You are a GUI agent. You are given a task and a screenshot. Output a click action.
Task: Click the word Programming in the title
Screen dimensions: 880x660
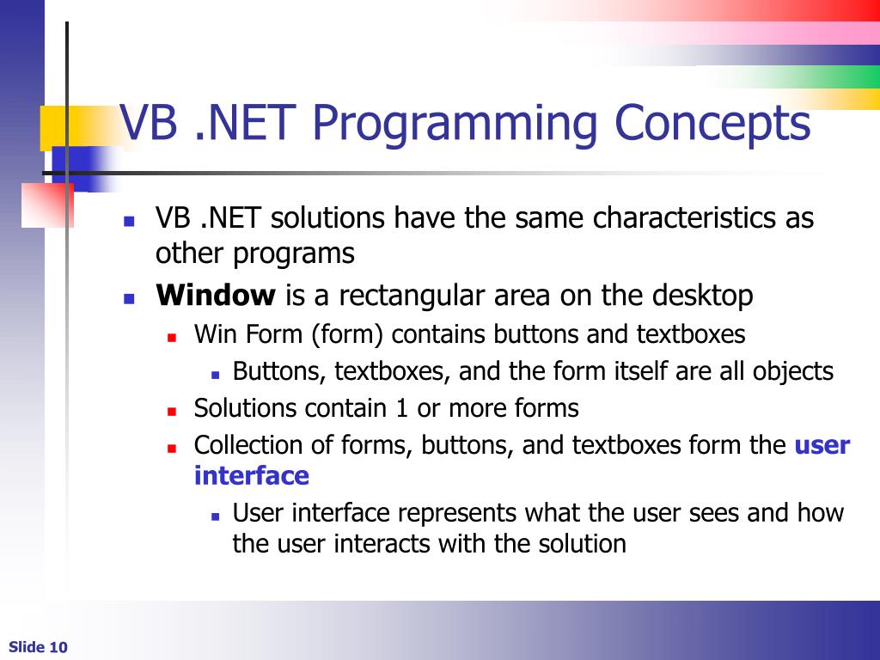(x=454, y=125)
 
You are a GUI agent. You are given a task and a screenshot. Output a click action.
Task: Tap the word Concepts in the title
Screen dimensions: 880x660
(x=712, y=125)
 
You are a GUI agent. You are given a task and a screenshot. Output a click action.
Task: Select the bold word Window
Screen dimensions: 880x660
(x=216, y=296)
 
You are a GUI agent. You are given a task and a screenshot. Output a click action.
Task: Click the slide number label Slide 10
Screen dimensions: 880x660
(x=38, y=647)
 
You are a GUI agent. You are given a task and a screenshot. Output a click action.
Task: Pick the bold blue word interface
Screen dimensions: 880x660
(x=252, y=476)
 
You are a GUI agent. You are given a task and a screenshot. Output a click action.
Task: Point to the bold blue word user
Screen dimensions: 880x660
(x=822, y=446)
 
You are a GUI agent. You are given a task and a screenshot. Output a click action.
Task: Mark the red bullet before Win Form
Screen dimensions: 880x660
(x=172, y=337)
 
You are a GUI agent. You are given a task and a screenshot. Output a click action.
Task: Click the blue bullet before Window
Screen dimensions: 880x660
(x=129, y=298)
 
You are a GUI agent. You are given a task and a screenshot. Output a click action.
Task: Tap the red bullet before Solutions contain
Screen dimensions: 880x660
(x=172, y=412)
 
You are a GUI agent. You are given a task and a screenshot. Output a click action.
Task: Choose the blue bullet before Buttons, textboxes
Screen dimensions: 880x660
(x=215, y=375)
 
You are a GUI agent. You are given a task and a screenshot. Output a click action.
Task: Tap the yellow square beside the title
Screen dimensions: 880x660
(x=54, y=128)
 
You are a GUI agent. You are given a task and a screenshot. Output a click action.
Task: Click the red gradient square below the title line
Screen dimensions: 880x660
(x=48, y=205)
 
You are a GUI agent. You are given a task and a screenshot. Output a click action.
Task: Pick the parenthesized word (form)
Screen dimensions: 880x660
(x=347, y=335)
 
